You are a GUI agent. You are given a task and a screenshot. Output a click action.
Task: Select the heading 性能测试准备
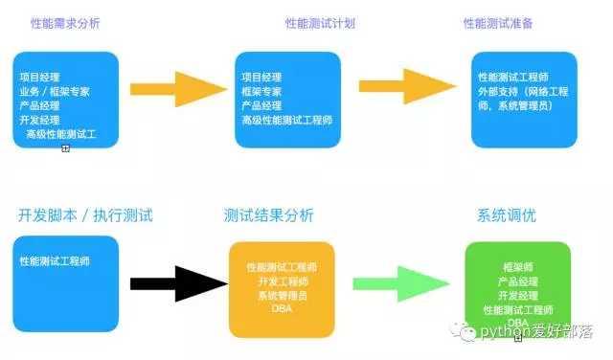click(497, 22)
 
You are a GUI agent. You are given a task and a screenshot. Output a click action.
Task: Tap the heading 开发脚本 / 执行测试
click(85, 214)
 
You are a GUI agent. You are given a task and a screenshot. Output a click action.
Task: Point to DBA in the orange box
click(282, 309)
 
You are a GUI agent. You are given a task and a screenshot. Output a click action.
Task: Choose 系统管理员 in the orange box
click(282, 295)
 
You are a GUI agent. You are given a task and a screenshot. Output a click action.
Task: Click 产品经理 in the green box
click(518, 283)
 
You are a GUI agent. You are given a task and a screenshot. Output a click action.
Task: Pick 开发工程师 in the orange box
click(282, 281)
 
